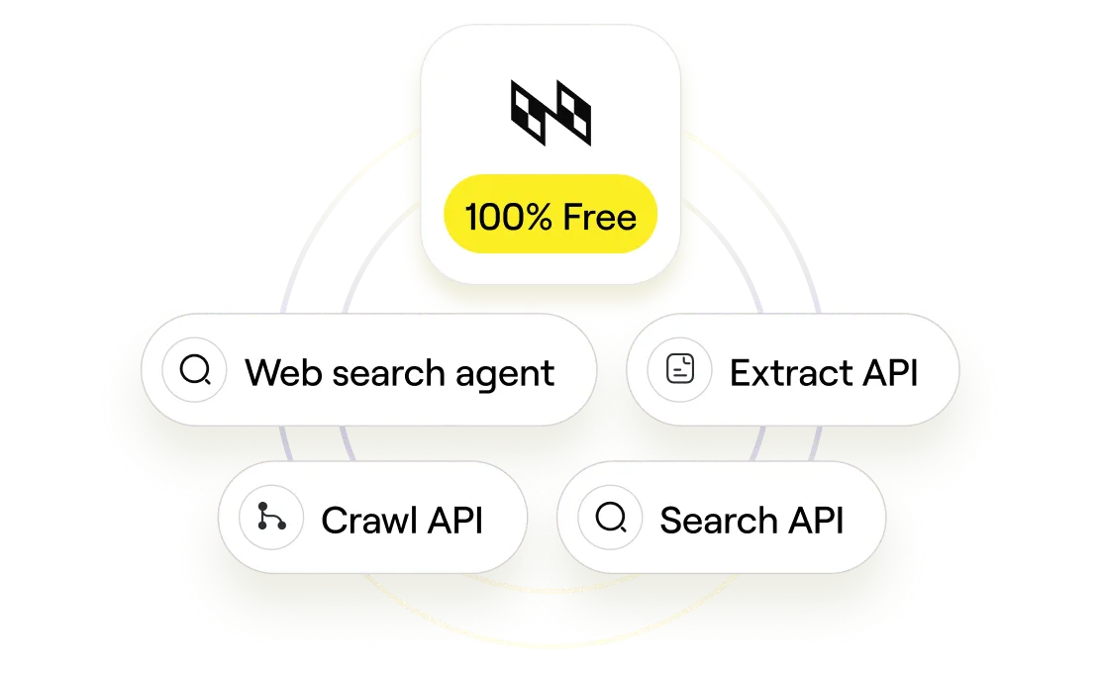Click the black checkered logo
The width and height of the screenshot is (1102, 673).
551,113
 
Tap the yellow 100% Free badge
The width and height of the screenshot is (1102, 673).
551,214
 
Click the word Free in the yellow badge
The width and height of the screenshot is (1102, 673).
599,217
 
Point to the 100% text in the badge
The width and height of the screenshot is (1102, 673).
508,217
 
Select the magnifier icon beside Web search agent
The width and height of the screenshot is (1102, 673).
195,369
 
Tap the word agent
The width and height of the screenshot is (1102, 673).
505,375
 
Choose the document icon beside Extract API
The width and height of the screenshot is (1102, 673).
679,369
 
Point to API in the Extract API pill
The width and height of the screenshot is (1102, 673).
890,372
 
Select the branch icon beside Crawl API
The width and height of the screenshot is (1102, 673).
271,517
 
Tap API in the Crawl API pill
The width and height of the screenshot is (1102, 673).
455,520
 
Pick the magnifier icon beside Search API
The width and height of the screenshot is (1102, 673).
611,517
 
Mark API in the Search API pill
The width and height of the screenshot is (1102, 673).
816,520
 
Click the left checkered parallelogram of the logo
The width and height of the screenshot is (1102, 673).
528,113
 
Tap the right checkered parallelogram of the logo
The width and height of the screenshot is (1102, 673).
574,113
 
